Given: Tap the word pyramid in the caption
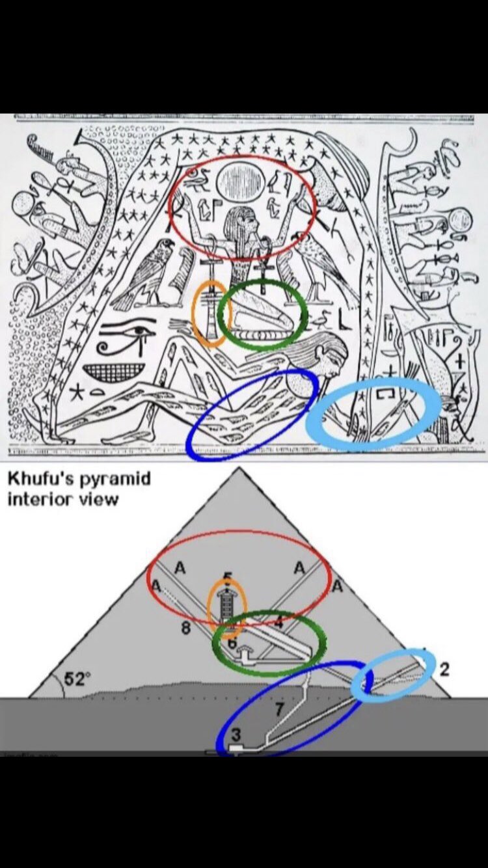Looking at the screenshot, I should (117, 480).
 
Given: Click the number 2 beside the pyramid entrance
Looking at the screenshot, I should (444, 670).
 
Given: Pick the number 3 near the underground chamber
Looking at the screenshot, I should (237, 734).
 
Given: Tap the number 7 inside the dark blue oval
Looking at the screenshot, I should (280, 707).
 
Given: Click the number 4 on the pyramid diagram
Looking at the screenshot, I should (278, 622).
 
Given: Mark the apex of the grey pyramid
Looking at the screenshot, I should (239, 468).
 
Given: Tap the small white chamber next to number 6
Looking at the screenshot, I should (246, 655).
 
